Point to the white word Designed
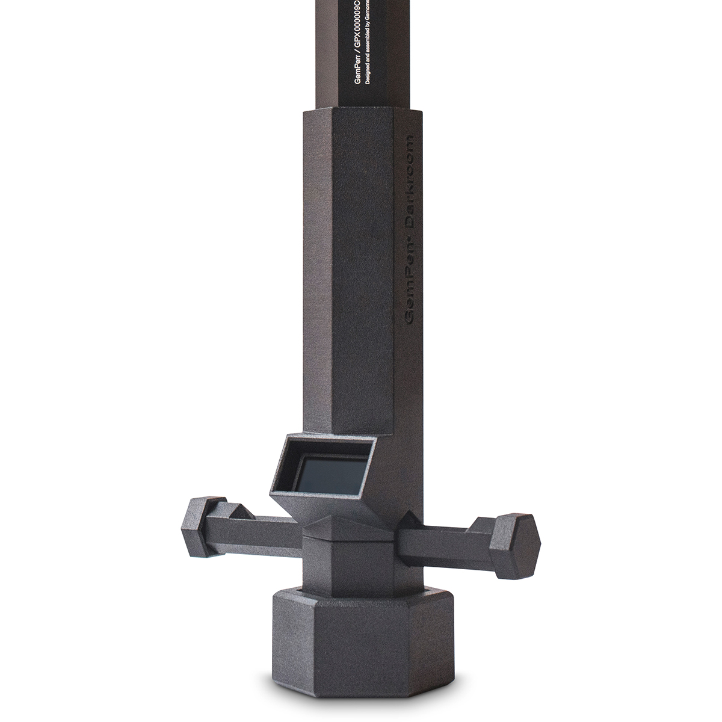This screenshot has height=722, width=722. click(369, 80)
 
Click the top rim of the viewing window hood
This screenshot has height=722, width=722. click(328, 439)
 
